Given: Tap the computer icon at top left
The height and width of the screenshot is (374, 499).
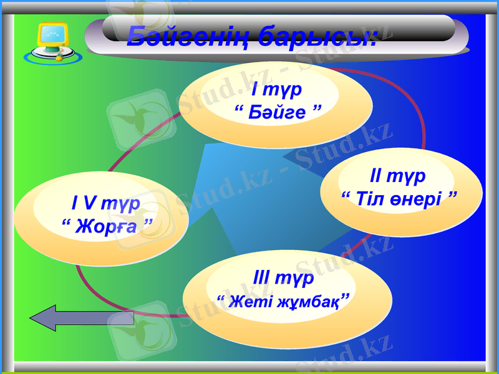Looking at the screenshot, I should coord(52,42).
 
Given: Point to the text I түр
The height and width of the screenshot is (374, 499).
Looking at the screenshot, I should coord(277,90).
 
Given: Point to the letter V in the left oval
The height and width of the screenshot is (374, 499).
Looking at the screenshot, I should coord(90,203).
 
